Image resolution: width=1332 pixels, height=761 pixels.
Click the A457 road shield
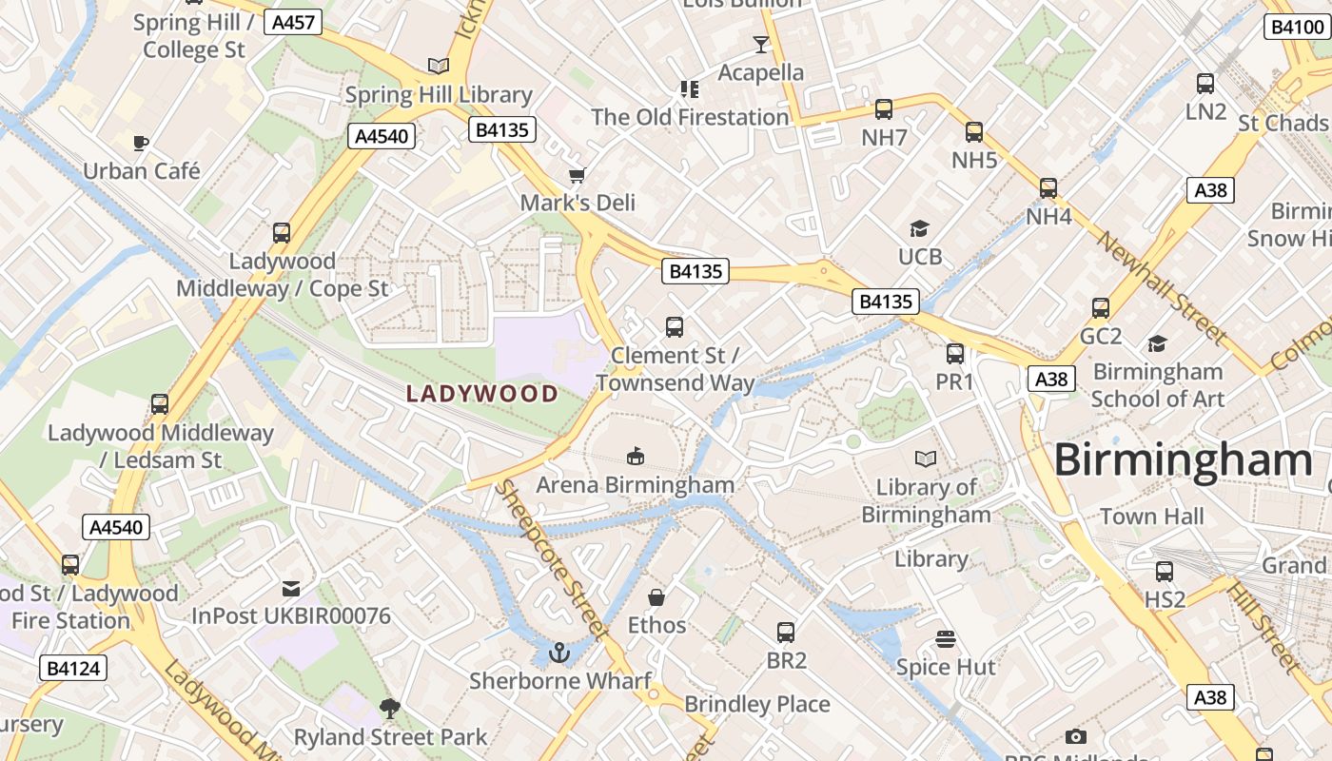coord(293,22)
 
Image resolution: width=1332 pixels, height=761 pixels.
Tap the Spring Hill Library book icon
coord(438,66)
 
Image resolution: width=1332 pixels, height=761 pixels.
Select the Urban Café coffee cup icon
coord(141,144)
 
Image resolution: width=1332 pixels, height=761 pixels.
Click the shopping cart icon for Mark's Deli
coord(577,175)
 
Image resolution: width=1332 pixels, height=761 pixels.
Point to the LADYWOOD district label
coord(482,394)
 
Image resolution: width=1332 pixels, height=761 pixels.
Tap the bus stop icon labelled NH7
coord(884,109)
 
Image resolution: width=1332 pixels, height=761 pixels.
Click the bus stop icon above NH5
coord(974,132)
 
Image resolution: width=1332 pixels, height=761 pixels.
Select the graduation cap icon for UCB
coord(919,228)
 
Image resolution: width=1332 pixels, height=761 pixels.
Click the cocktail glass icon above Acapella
coord(760,44)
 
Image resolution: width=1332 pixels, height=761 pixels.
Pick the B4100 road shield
coord(1296,27)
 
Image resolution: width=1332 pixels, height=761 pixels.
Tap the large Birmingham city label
coord(1183,460)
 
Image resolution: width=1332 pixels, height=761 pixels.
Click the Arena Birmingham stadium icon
coord(636,457)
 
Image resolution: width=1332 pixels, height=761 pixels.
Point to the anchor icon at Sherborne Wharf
coord(559,653)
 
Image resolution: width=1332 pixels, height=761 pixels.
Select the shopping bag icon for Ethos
coord(656,597)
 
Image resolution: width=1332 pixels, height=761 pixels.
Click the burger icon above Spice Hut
coord(945,638)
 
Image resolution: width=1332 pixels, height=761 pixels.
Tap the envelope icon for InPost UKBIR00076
coord(291,589)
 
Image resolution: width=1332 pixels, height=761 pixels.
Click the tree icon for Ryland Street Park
coord(389,709)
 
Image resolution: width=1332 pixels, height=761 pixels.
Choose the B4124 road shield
coord(73,668)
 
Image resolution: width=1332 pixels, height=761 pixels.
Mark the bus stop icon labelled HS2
coord(1164,572)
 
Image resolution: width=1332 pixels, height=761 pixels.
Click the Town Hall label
coord(1151,517)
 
